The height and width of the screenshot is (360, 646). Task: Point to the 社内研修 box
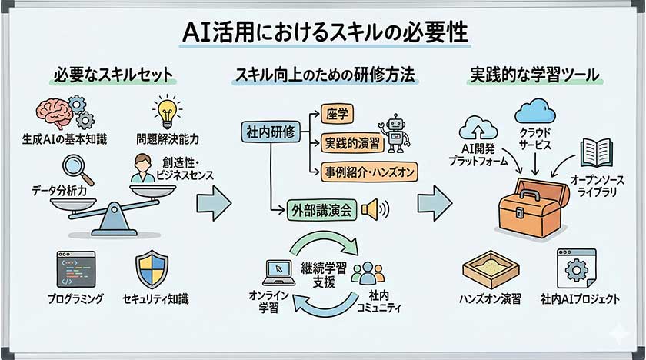(268, 132)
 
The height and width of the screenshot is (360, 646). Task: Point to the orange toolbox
(531, 205)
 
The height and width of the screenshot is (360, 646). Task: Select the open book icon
(595, 152)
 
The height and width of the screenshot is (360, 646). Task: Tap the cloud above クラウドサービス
(534, 111)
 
